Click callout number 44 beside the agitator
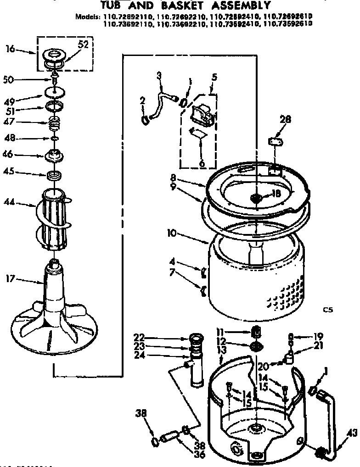[x=8, y=201]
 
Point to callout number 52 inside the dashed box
[x=83, y=44]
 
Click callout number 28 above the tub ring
[x=285, y=120]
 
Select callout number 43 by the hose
[x=352, y=432]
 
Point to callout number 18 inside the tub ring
[x=276, y=193]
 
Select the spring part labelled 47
[x=55, y=123]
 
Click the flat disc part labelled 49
[x=55, y=94]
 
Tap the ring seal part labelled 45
[x=55, y=175]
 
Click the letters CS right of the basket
[x=327, y=310]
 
